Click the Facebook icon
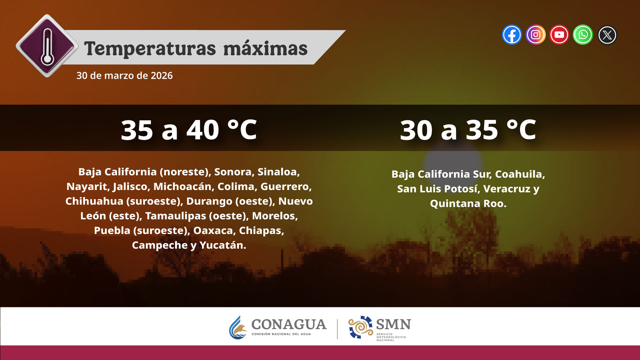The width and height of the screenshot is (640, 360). click(512, 35)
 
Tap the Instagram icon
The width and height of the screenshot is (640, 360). click(535, 35)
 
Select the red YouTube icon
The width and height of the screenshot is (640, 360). click(559, 35)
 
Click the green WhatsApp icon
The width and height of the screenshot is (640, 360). click(583, 35)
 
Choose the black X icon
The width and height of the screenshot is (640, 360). click(607, 35)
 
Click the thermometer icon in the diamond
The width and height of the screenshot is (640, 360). click(47, 46)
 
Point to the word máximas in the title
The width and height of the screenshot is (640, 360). click(265, 49)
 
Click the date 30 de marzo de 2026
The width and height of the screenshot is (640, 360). click(124, 76)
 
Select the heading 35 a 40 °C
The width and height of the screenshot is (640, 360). click(189, 130)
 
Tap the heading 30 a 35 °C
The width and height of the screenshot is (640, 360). click(468, 130)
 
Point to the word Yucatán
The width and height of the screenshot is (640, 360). click(223, 245)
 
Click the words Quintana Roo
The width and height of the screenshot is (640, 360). click(468, 204)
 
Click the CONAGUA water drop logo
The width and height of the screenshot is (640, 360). click(237, 328)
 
